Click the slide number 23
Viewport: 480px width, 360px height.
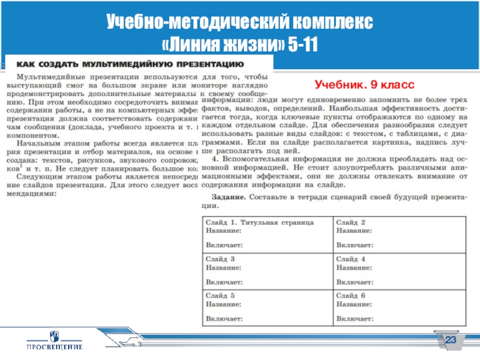pos(451,341)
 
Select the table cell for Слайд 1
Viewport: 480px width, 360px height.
pos(268,233)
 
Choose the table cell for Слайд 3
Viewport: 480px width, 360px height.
pos(268,270)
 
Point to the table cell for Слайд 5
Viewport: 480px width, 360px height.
pos(268,305)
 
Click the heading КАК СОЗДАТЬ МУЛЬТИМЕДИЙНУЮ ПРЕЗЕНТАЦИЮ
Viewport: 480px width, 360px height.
pos(129,63)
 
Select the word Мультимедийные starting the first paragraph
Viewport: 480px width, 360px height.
pos(49,77)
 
